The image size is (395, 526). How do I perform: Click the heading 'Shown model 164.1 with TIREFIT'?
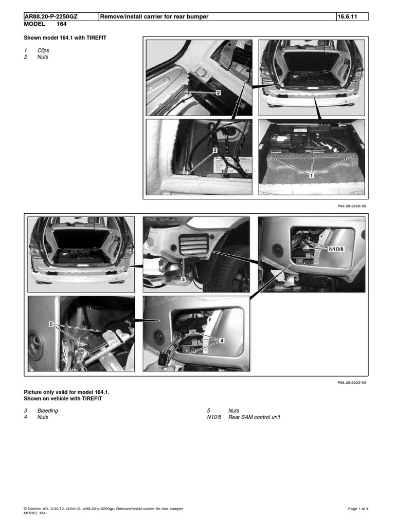(x=65, y=38)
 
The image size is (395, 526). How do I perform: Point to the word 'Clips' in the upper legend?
(x=44, y=51)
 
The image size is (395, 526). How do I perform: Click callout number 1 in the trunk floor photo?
(x=312, y=175)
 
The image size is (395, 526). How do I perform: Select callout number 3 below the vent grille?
(x=182, y=279)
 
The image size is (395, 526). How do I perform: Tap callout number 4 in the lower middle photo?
(x=222, y=340)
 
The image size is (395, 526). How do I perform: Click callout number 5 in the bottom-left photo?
(x=51, y=324)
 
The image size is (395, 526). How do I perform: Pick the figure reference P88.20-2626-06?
(x=350, y=205)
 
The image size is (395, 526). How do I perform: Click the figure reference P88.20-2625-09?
(x=350, y=383)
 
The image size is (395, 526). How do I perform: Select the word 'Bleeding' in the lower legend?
(x=47, y=410)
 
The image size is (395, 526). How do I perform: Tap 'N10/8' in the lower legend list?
(x=213, y=417)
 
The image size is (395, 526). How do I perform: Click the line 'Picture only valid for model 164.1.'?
(x=67, y=392)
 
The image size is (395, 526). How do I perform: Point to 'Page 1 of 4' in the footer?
(x=358, y=509)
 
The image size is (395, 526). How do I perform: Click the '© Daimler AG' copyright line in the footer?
(x=103, y=509)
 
